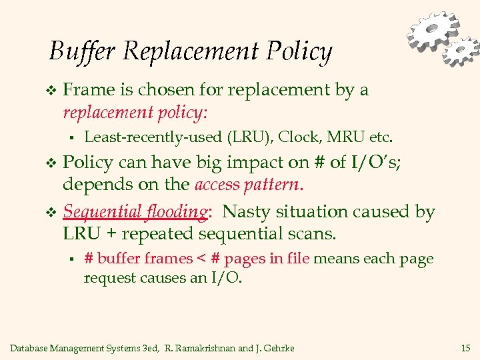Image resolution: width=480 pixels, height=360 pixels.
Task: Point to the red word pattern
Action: point(270,185)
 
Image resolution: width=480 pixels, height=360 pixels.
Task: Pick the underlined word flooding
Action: point(175,212)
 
